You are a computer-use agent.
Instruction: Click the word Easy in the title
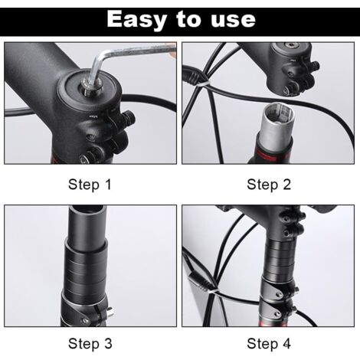pyautogui.click(x=136, y=18)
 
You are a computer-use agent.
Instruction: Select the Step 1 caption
pyautogui.click(x=90, y=184)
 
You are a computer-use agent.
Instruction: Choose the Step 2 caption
pyautogui.click(x=268, y=184)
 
